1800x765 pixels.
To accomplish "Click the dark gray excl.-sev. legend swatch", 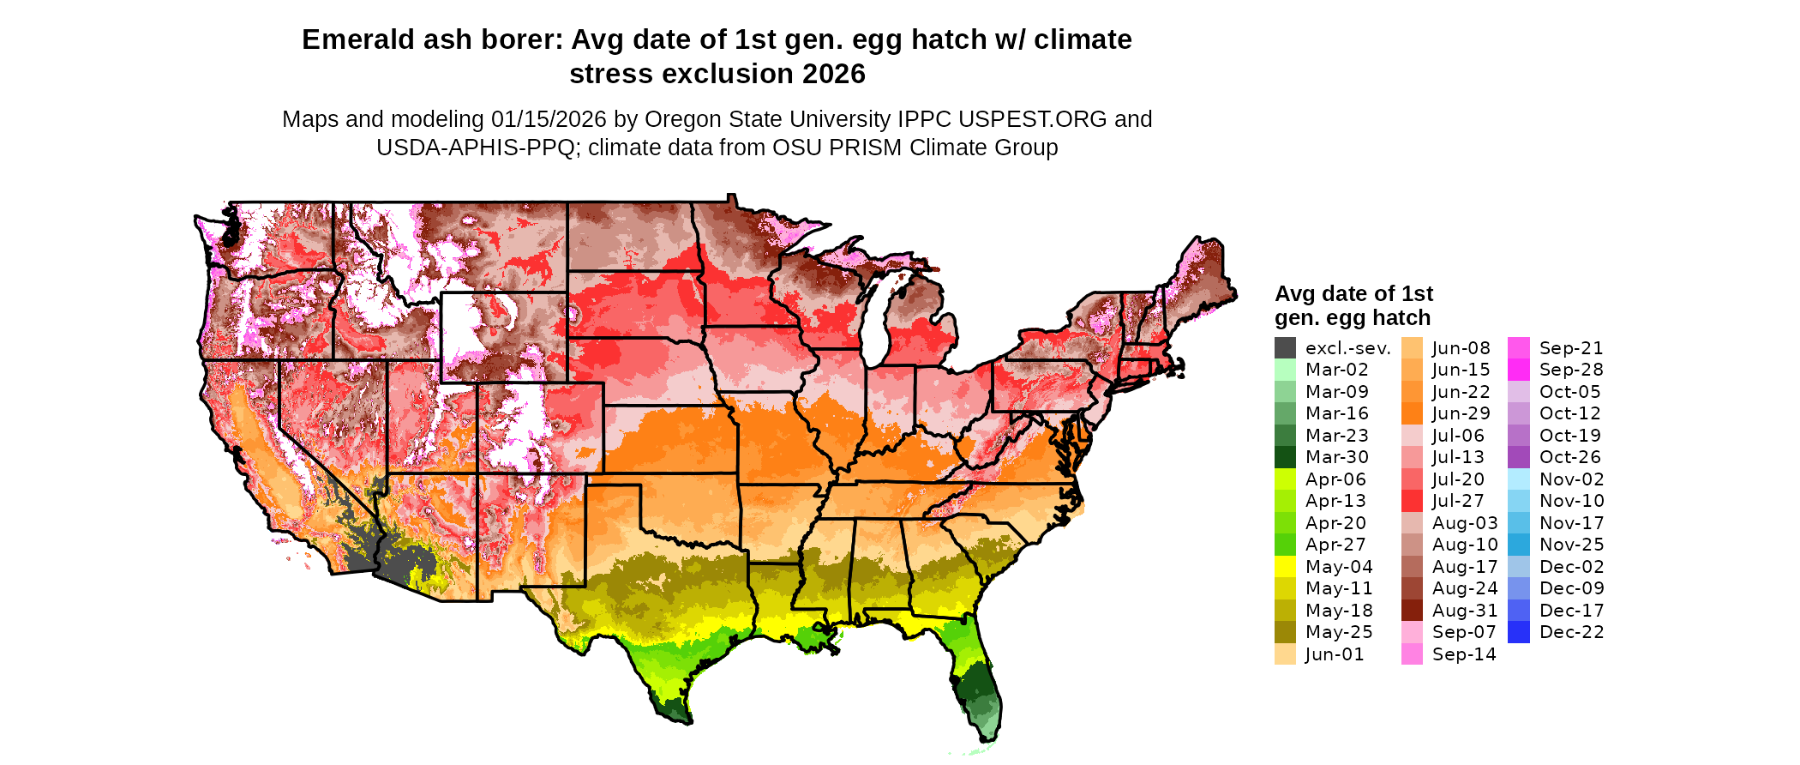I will [1285, 348].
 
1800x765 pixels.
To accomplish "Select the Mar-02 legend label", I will [1337, 370].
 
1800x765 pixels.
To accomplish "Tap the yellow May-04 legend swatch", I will [1285, 567].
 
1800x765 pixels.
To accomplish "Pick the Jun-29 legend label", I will [1461, 413].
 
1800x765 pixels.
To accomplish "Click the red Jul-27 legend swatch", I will [1412, 501].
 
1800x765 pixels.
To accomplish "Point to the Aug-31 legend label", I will [1465, 611].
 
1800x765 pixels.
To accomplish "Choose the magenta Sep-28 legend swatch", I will [1518, 370].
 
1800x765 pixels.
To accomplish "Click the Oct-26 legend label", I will [1570, 457].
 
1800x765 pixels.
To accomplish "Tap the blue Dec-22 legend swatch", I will [1518, 632].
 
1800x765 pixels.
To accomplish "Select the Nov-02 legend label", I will [1572, 479].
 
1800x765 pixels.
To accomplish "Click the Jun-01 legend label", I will [1335, 654].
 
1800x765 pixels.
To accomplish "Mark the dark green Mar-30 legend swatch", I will [1285, 457].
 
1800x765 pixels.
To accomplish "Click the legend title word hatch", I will [1402, 317].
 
